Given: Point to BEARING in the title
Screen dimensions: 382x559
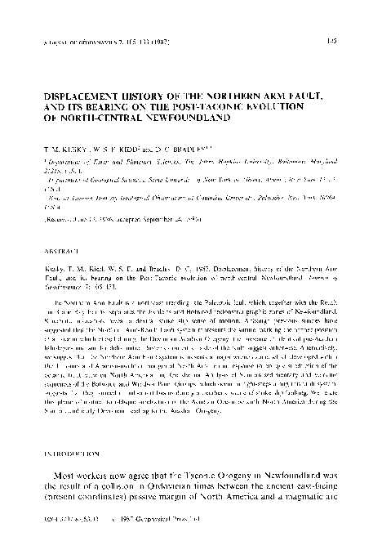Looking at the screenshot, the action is point(113,106).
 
